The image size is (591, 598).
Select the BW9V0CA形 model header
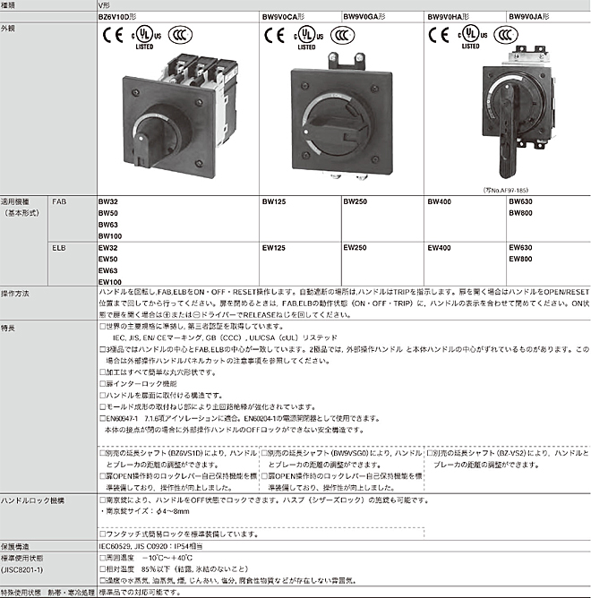tap(284, 15)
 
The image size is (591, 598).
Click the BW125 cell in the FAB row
tap(273, 203)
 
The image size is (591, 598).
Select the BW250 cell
tap(355, 203)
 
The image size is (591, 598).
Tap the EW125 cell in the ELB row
tap(273, 247)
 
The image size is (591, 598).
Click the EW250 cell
tap(355, 247)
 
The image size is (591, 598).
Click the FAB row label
tap(59, 203)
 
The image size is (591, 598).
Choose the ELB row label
tap(59, 247)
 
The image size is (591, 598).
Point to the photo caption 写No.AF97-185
tap(505, 189)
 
